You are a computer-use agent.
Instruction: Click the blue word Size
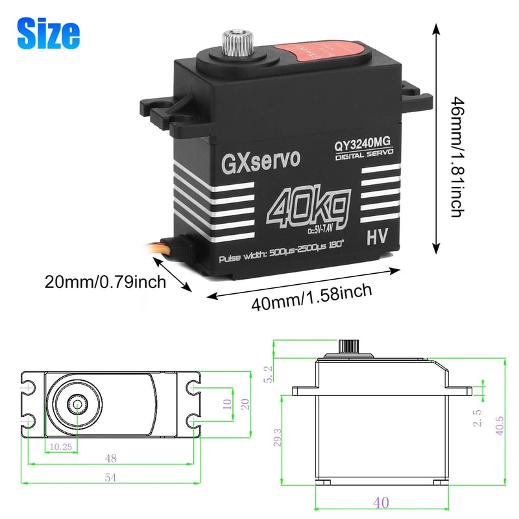pyautogui.click(x=49, y=32)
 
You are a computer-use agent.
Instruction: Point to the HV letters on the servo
pyautogui.click(x=376, y=237)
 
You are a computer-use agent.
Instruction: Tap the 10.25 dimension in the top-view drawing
pyautogui.click(x=59, y=446)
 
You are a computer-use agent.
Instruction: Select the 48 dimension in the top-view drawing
pyautogui.click(x=110, y=457)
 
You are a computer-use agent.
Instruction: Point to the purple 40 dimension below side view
pyautogui.click(x=381, y=502)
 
